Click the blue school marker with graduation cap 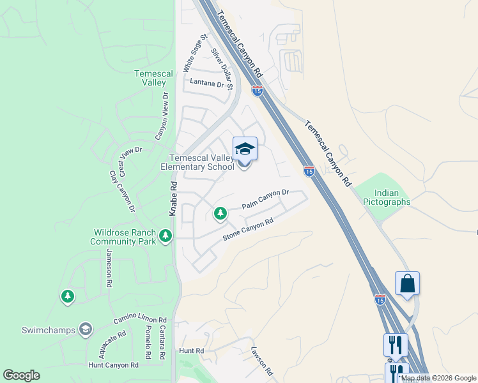pyautogui.click(x=245, y=149)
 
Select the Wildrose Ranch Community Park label pyautogui.click(x=123, y=237)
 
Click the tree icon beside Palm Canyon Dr pyautogui.click(x=220, y=213)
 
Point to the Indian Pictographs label pyautogui.click(x=387, y=198)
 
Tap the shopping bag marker pyautogui.click(x=407, y=283)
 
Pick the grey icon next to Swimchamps pyautogui.click(x=86, y=329)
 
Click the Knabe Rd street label pyautogui.click(x=173, y=198)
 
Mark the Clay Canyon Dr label pyautogui.click(x=122, y=191)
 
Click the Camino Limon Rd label pyautogui.click(x=139, y=318)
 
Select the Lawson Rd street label pyautogui.click(x=262, y=361)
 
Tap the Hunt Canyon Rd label pyautogui.click(x=114, y=365)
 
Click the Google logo pyautogui.click(x=21, y=375)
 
